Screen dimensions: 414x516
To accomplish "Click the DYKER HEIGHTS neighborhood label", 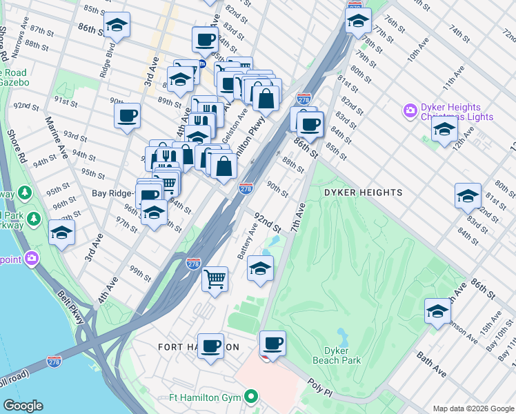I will (363, 193).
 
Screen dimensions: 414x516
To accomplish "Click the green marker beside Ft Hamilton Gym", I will (252, 397).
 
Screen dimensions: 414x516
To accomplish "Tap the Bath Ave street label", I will (431, 366).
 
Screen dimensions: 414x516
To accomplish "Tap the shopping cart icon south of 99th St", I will (215, 279).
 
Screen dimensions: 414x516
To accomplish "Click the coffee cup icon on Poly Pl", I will (273, 343).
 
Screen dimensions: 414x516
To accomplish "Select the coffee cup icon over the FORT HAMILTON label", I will (211, 346).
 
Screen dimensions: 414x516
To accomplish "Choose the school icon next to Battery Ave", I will (260, 268).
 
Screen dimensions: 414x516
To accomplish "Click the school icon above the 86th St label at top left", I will (117, 26).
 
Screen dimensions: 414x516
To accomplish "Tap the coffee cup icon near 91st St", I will (127, 116).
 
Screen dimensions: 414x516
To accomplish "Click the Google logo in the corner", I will (23, 406).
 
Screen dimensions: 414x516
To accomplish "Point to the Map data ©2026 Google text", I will (472, 408).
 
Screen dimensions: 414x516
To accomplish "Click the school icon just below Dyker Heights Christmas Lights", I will (444, 129).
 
